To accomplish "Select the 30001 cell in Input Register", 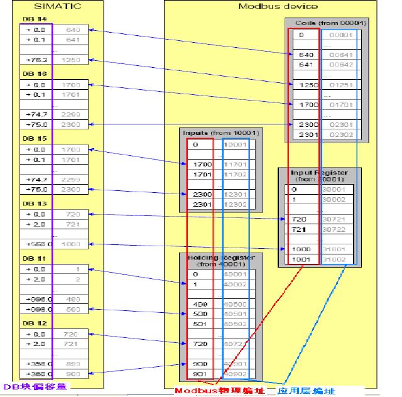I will tap(334, 188).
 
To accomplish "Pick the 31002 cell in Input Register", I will tap(334, 259).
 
